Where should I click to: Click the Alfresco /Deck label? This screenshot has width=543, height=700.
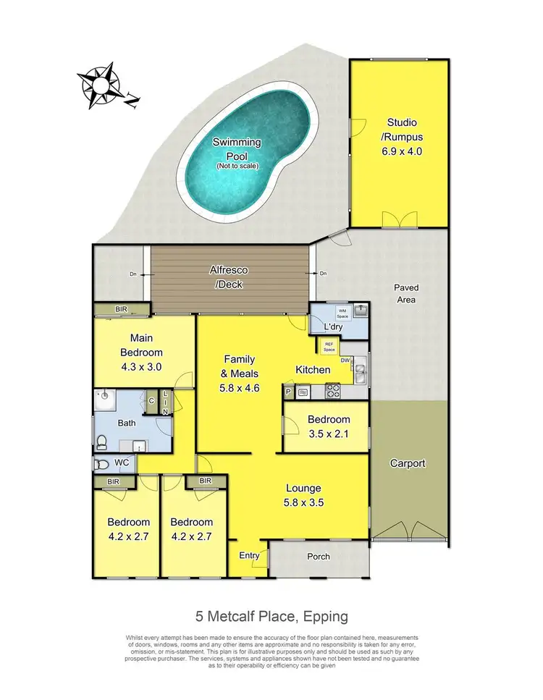229,277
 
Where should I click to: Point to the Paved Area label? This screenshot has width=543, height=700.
406,292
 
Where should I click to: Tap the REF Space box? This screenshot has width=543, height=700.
329,347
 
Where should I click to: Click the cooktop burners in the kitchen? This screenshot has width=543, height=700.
334,392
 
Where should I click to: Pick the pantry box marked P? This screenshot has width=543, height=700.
288,392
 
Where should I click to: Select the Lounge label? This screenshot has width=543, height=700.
303,488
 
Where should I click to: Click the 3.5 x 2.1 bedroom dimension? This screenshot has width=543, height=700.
329,434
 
